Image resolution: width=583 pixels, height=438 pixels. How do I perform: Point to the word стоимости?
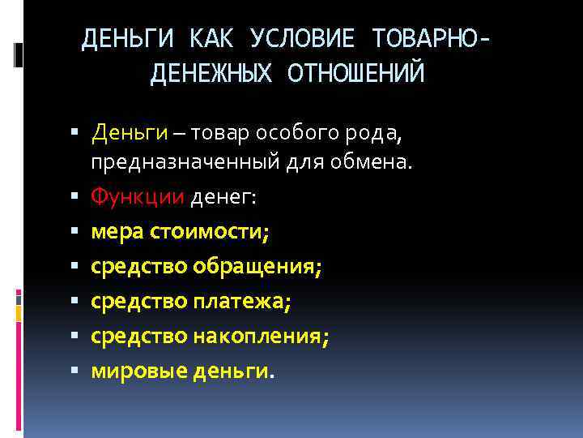(214, 232)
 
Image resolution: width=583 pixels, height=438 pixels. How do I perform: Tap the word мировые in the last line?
(138, 371)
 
